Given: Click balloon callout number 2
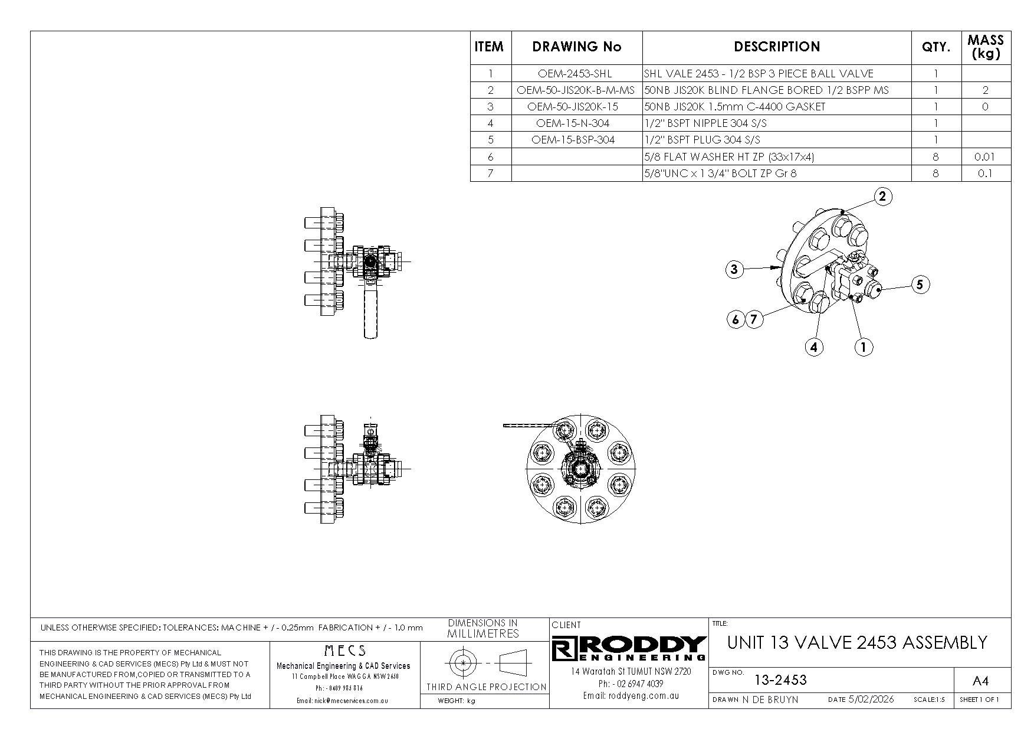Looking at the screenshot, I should click(882, 197).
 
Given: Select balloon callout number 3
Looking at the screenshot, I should click(734, 270).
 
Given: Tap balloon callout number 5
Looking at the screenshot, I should click(920, 285).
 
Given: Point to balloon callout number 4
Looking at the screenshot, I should click(814, 347).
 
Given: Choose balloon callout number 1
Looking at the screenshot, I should click(864, 347).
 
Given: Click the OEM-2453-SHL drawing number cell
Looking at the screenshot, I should click(575, 74).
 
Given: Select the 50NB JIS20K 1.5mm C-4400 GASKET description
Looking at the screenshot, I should click(734, 107).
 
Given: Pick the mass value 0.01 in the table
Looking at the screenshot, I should click(984, 157).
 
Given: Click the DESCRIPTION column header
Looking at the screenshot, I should click(776, 47).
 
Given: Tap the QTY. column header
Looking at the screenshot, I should click(935, 47).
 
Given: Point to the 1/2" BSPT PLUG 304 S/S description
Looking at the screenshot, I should click(702, 140).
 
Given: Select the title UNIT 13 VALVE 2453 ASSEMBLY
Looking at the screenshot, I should click(857, 643).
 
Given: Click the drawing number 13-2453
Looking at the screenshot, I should click(780, 680).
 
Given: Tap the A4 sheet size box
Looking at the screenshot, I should click(980, 681).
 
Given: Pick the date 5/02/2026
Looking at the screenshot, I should click(871, 700).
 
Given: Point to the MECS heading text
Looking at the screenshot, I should click(345, 651).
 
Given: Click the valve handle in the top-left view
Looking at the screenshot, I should click(370, 313).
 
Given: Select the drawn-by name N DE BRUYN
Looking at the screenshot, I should click(770, 700).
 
